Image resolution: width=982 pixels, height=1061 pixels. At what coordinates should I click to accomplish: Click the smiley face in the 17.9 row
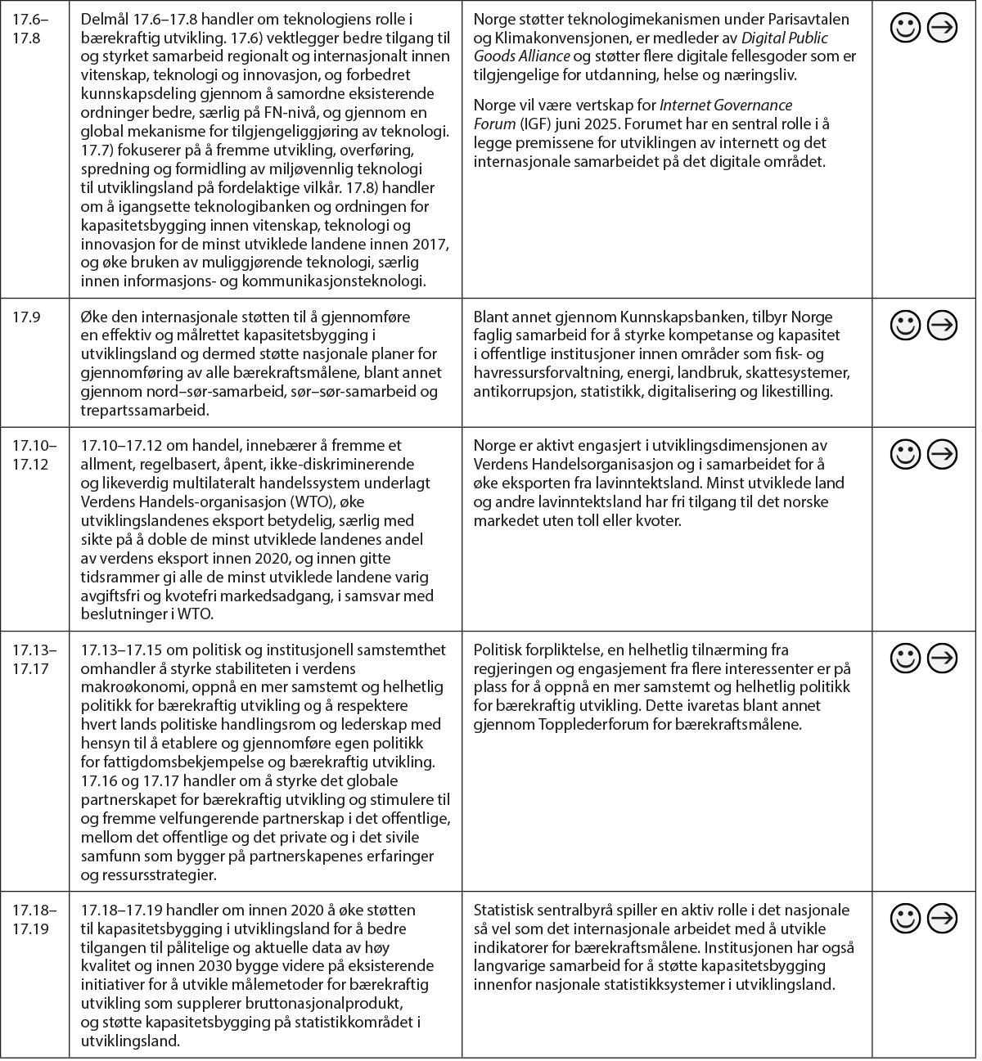(906, 325)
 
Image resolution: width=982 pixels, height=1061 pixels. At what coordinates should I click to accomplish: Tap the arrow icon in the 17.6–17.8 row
(944, 29)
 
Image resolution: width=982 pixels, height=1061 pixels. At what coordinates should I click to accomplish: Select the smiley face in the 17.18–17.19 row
(906, 918)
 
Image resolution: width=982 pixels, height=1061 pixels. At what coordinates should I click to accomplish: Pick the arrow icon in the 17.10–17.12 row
(944, 453)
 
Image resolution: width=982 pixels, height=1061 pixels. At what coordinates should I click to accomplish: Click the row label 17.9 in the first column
(25, 317)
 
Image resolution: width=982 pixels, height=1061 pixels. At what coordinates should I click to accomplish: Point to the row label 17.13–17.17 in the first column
(34, 659)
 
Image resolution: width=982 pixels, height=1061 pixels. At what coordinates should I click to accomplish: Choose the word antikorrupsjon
(524, 392)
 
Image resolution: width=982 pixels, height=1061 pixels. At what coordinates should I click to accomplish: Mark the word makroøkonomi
(133, 687)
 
